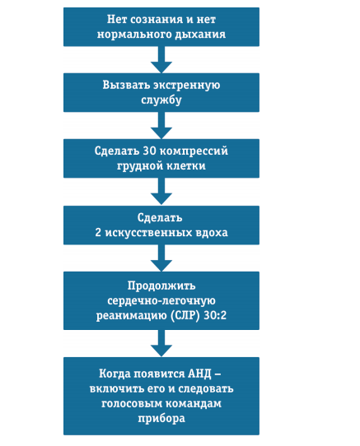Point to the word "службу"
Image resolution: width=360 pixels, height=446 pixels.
161,100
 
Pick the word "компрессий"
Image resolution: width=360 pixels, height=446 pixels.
194,151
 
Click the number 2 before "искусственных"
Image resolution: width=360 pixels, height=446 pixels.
98,232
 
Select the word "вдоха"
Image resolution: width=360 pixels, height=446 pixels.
212,232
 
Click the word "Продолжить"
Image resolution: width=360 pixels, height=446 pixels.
161,286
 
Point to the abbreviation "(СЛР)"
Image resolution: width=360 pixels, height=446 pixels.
185,315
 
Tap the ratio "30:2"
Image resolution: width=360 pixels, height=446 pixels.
215,315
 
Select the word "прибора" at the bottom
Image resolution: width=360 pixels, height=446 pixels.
161,419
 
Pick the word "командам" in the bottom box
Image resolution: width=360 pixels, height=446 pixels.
194,403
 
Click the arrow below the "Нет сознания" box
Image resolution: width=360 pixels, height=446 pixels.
161,60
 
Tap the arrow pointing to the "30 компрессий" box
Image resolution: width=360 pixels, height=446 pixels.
161,125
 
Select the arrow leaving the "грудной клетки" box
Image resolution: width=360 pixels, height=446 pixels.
161,192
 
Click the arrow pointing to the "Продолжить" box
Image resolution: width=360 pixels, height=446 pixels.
161,258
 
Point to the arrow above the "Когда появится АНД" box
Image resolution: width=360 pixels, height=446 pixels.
161,343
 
